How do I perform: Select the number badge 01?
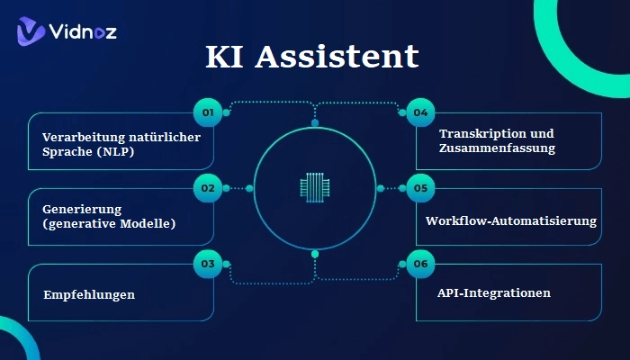tap(207, 113)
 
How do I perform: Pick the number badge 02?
tap(207, 189)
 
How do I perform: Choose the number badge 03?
tap(207, 265)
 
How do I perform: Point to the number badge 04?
tap(420, 113)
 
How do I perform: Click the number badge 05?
tap(420, 189)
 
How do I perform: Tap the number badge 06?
tap(420, 265)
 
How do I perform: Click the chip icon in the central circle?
tap(314, 188)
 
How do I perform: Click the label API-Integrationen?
tap(493, 293)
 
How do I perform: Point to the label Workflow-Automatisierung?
tap(511, 220)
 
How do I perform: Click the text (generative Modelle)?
tap(109, 223)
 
